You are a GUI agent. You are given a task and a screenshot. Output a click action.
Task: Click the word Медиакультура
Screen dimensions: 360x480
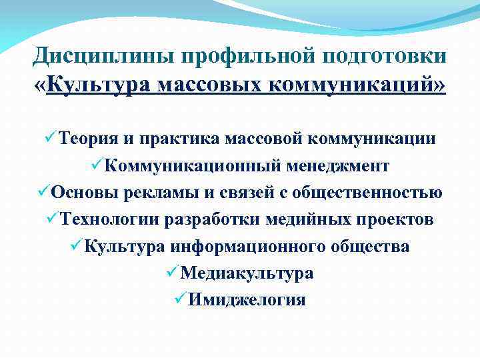[x=247, y=273]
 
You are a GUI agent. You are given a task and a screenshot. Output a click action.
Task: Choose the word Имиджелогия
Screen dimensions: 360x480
[x=247, y=300]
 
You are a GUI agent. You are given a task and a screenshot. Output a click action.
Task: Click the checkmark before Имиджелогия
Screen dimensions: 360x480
[x=177, y=299]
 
